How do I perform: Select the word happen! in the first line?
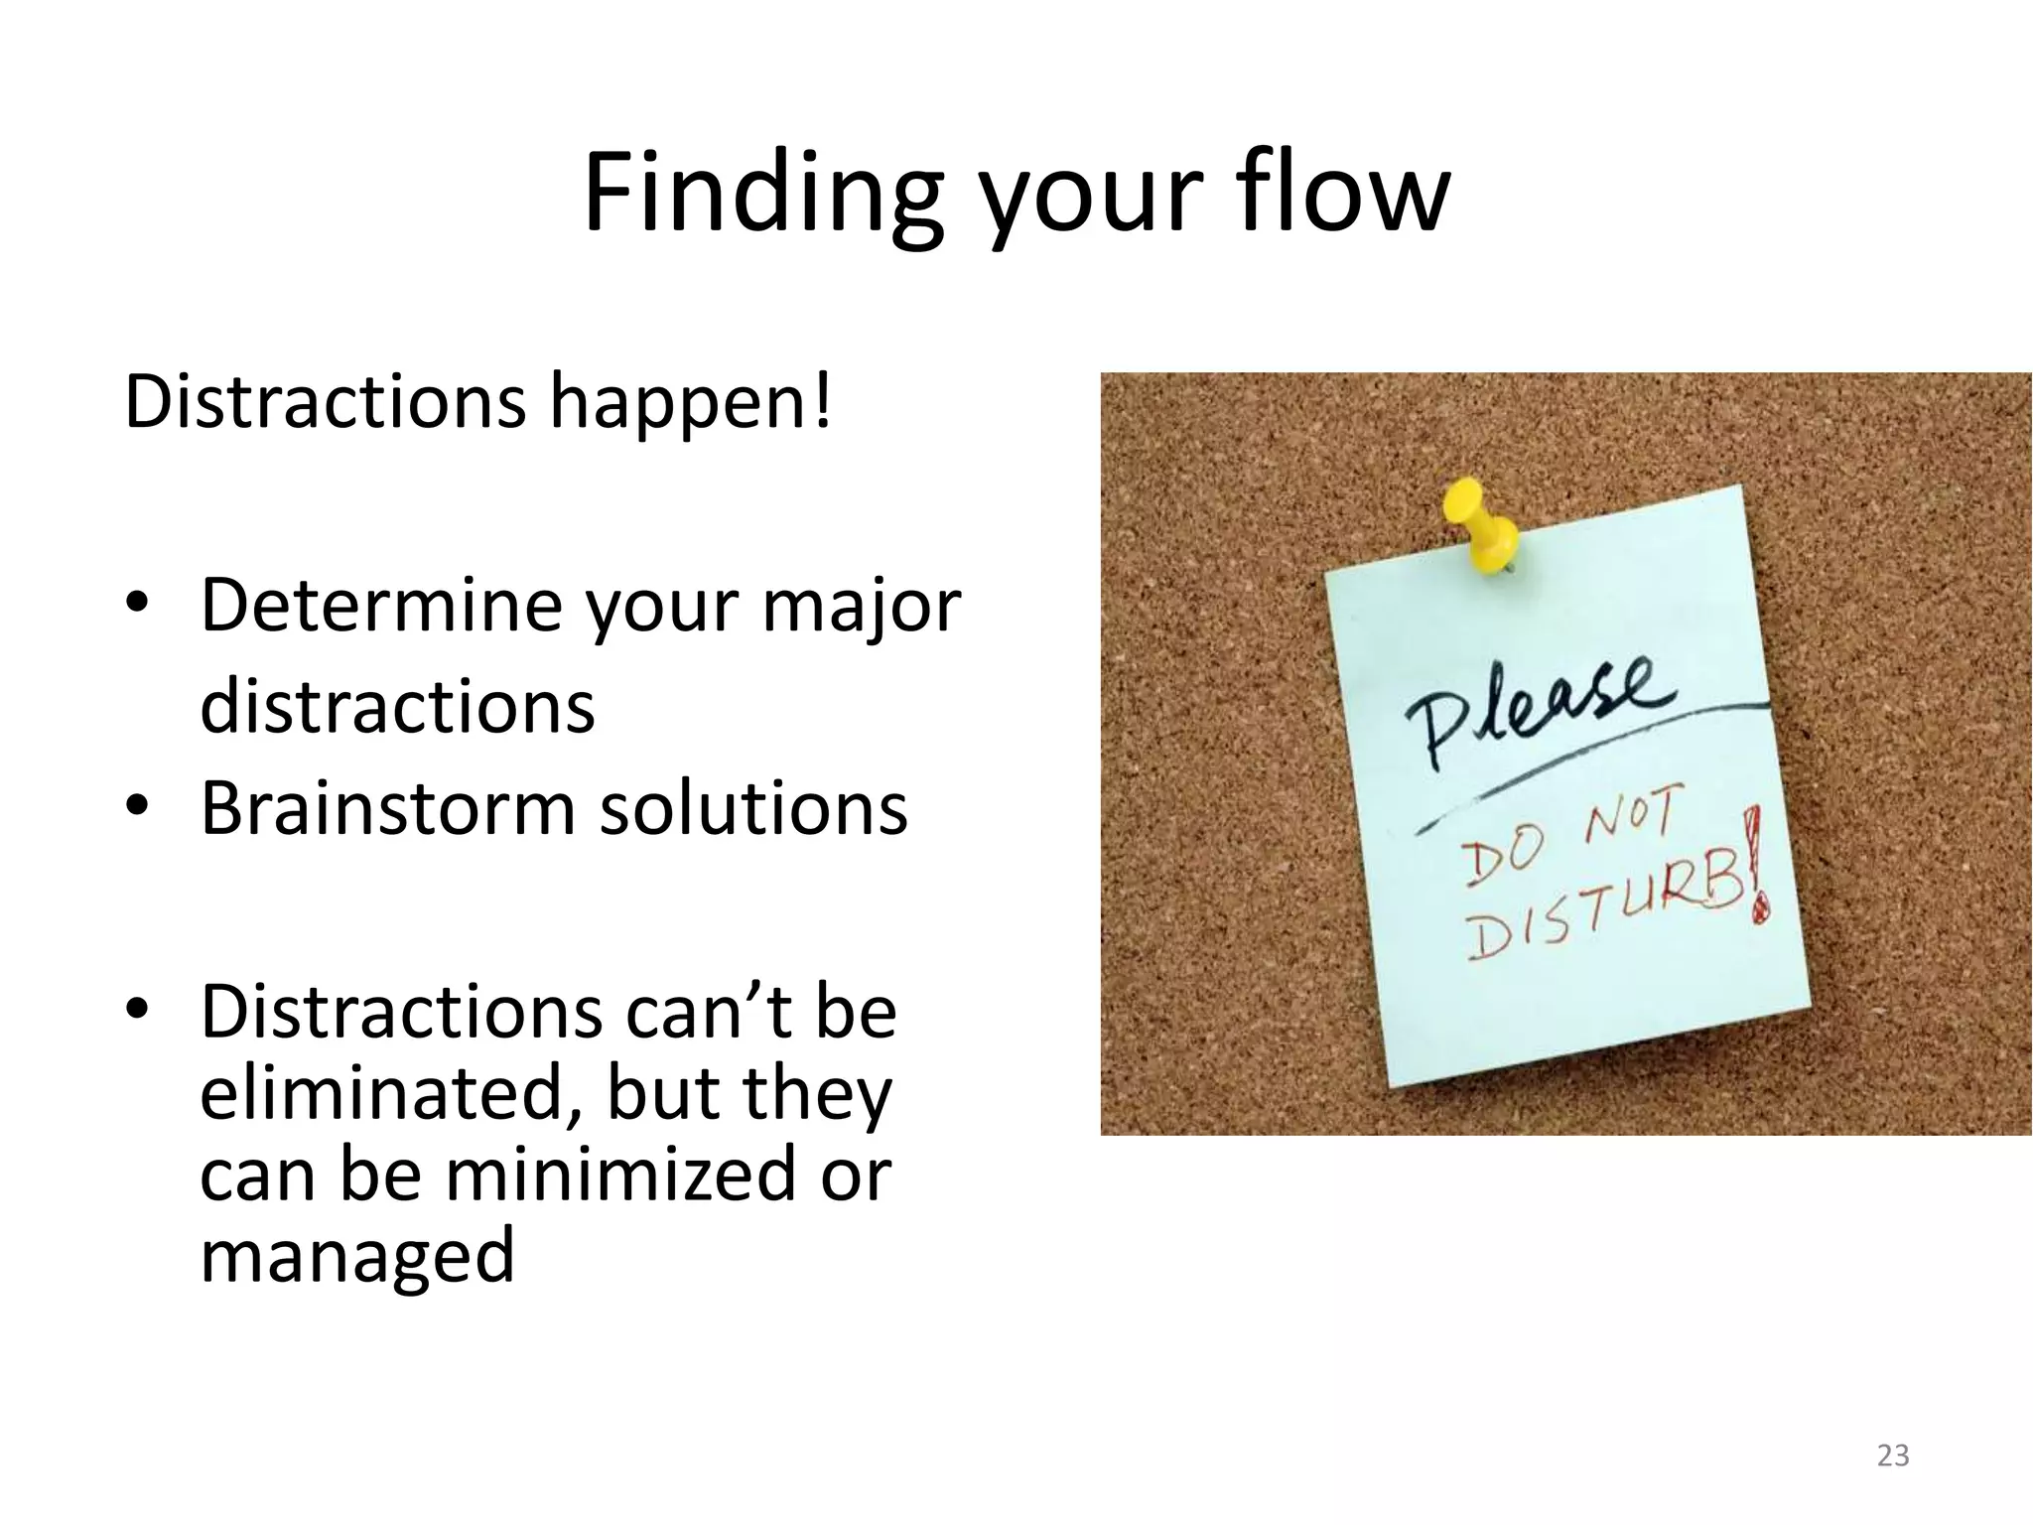pos(691,402)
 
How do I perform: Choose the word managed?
pos(357,1256)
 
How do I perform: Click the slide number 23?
pos(1893,1456)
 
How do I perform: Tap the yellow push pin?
pos(1483,527)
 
